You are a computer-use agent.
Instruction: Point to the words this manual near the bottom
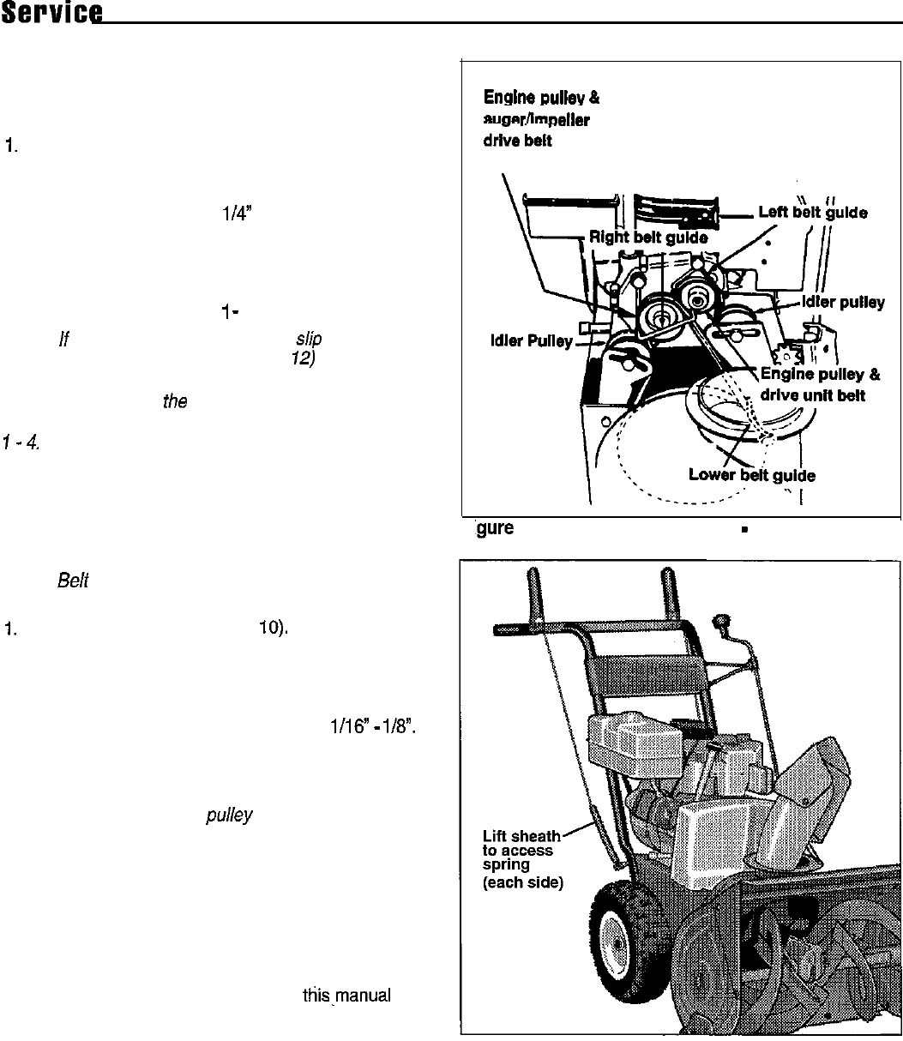[x=346, y=996]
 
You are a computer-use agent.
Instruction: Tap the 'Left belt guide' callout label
[x=813, y=214]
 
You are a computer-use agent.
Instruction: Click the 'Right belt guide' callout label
[x=647, y=238]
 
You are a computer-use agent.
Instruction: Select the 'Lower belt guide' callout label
[x=752, y=475]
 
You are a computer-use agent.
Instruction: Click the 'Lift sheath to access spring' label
[x=523, y=858]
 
